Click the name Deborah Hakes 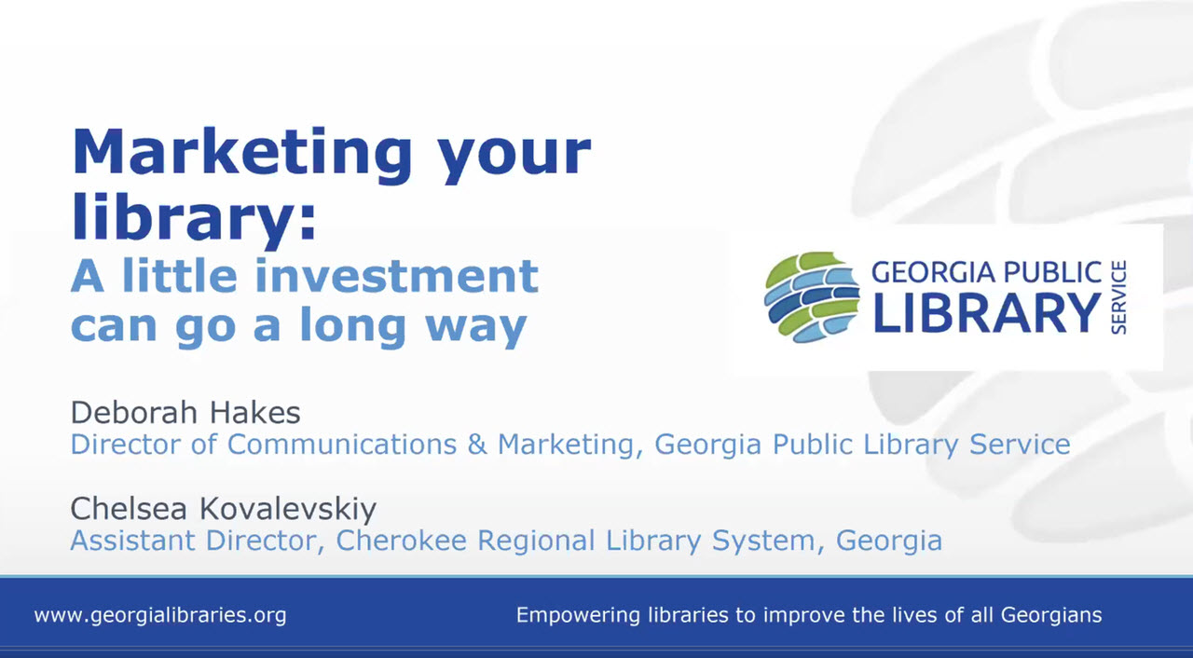coord(185,412)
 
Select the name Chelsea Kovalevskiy coord(224,509)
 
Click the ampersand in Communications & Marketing coord(477,444)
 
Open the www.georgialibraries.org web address coord(160,615)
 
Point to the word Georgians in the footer coord(1051,615)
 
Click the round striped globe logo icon coord(811,297)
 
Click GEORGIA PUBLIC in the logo coord(986,272)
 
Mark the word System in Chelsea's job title coord(780,540)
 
